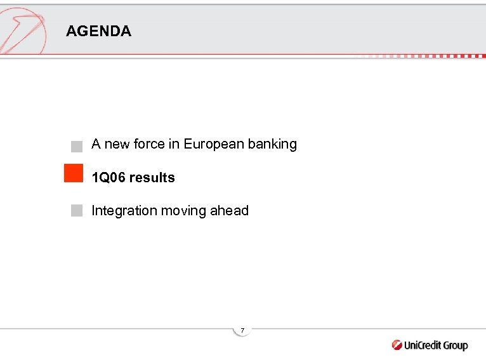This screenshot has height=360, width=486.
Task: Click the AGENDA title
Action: tap(98, 31)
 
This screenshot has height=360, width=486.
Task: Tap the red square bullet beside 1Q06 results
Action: tap(74, 173)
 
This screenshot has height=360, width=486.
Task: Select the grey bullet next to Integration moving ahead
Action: tap(77, 211)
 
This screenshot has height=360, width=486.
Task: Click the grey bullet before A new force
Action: tap(77, 146)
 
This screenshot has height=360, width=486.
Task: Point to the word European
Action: tap(213, 145)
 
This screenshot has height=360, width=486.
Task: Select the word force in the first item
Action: tap(148, 144)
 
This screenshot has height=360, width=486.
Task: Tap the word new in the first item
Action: tap(116, 144)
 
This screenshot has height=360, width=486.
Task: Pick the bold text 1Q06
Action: tap(108, 178)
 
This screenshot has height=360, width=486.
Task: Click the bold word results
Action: tap(152, 178)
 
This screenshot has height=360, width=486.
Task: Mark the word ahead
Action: tap(230, 211)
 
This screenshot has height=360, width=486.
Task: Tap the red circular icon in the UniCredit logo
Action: tap(397, 345)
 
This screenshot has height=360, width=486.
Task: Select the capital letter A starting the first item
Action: tap(96, 144)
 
